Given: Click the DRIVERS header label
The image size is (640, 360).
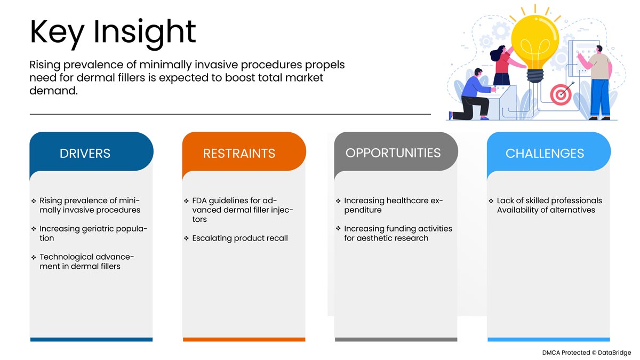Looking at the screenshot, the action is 85,154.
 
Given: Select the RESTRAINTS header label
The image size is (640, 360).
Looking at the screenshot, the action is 239,154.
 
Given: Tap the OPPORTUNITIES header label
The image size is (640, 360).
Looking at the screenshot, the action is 393,153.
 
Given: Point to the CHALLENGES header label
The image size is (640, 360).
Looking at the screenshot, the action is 545,154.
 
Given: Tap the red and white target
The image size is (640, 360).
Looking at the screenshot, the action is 561,94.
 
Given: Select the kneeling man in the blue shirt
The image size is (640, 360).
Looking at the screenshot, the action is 471,94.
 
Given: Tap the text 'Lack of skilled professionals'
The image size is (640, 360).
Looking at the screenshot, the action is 549,201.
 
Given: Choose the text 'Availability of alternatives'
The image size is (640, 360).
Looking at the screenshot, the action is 546,210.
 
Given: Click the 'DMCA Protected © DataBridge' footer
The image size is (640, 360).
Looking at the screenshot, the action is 586,353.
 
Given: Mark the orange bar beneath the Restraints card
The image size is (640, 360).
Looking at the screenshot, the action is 244,339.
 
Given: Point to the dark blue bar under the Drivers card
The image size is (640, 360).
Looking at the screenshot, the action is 91,339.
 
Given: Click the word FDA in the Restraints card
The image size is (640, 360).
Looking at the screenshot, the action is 199,201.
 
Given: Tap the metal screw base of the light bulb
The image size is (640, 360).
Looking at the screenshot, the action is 535,75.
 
